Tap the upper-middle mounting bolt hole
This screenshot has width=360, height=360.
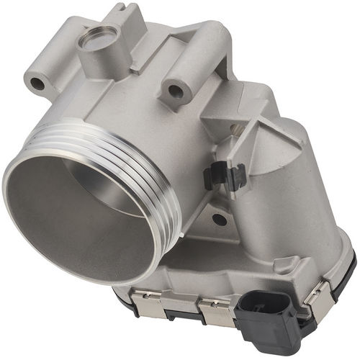[174, 91]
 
